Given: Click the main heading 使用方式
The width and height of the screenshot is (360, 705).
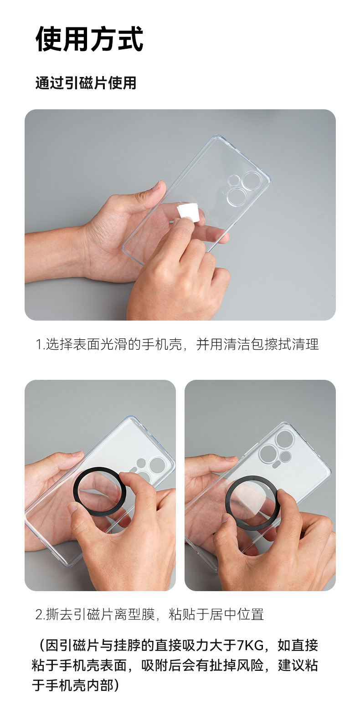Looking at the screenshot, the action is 89,39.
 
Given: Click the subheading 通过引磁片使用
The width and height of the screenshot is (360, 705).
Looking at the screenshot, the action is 86,83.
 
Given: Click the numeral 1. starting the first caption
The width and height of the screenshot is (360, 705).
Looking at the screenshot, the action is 40,345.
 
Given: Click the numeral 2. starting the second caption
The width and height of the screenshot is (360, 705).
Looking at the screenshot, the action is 41,614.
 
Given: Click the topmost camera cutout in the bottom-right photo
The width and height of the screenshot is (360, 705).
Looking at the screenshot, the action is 284,438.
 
